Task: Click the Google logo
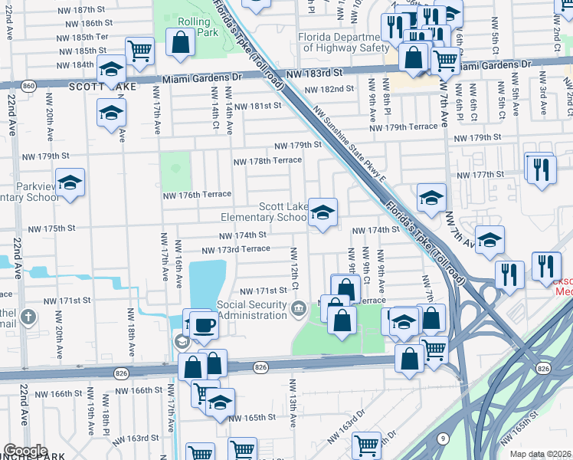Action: pos(25,450)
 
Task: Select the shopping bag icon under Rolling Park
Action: pos(180,45)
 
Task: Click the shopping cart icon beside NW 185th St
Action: pos(139,51)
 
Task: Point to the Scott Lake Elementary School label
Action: pos(283,212)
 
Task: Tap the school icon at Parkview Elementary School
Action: pos(70,183)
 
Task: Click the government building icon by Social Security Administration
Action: pos(299,309)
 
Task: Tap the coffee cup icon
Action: pos(205,324)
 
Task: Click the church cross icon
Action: pos(28,317)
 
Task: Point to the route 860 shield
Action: pos(28,85)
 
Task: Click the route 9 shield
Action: pos(444,439)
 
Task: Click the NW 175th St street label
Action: pos(52,228)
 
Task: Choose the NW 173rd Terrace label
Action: pos(235,250)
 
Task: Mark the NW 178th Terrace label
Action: pos(267,161)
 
